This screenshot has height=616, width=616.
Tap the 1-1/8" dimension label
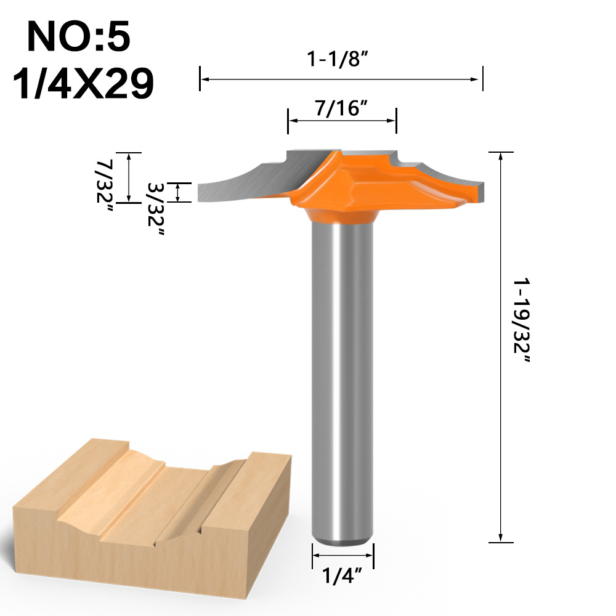341,60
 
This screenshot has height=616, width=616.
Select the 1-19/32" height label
522,320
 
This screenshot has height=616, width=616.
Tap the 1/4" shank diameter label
342,577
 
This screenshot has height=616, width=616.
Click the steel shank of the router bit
342,382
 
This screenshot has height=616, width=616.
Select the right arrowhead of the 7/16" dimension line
392,121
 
